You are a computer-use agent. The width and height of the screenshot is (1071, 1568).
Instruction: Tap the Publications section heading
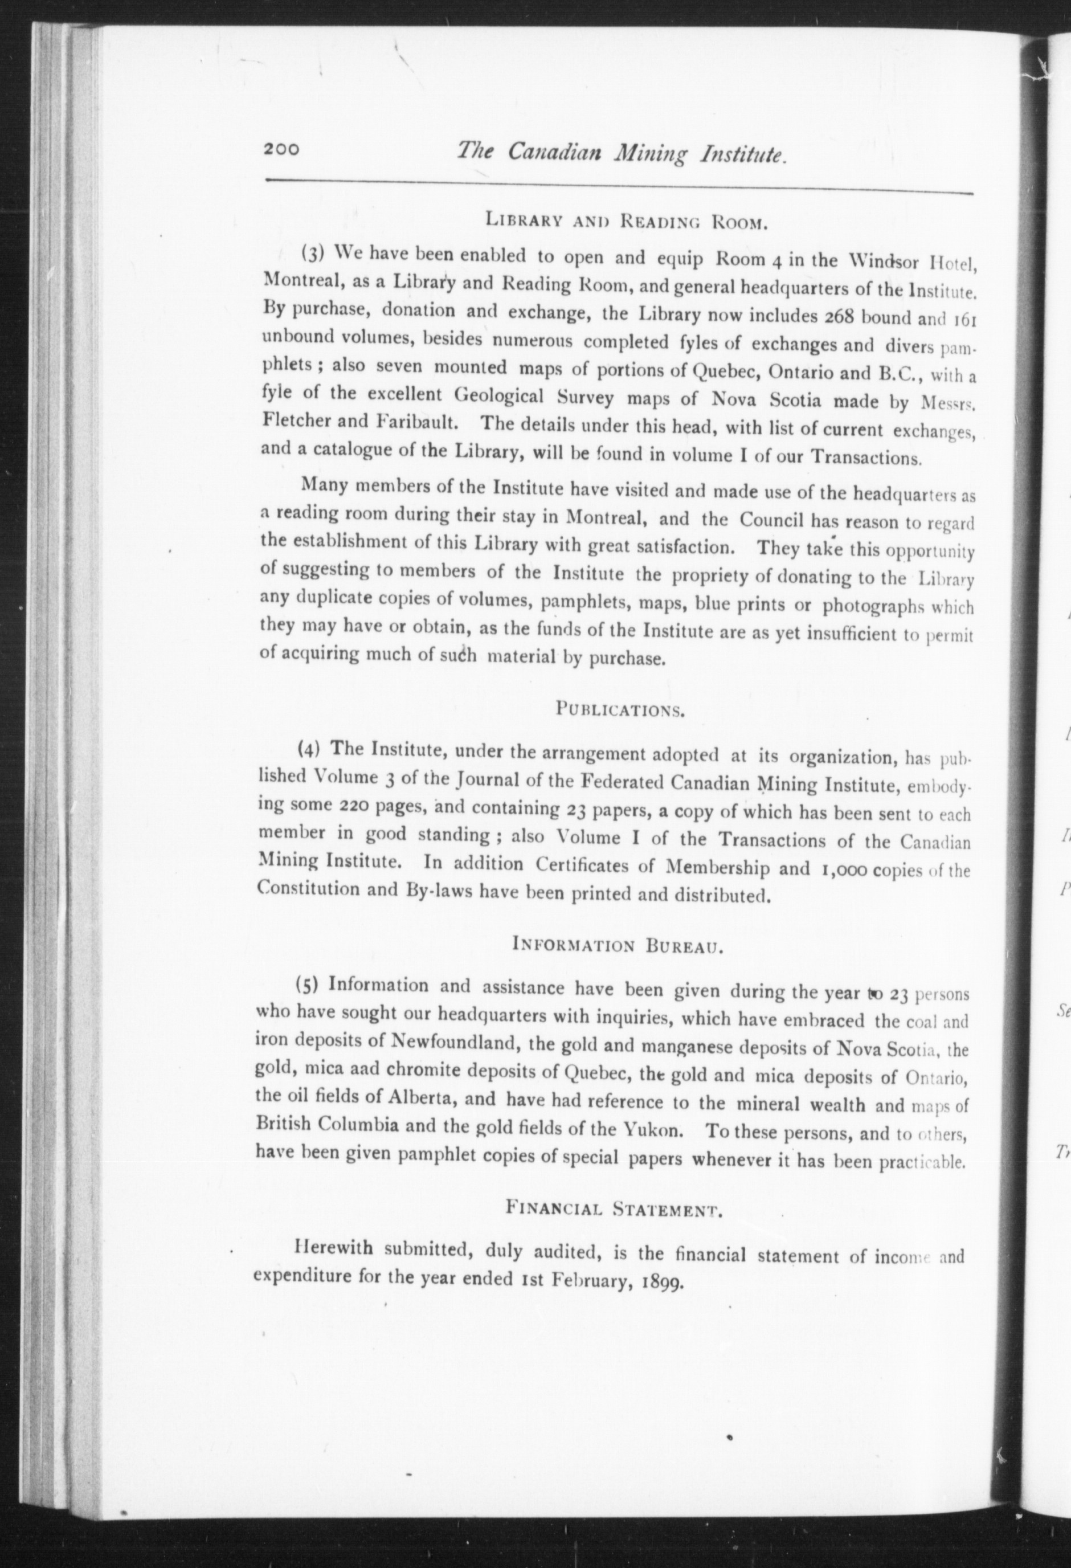[x=620, y=709]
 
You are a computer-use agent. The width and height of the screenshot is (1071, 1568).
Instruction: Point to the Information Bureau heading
[x=618, y=945]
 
